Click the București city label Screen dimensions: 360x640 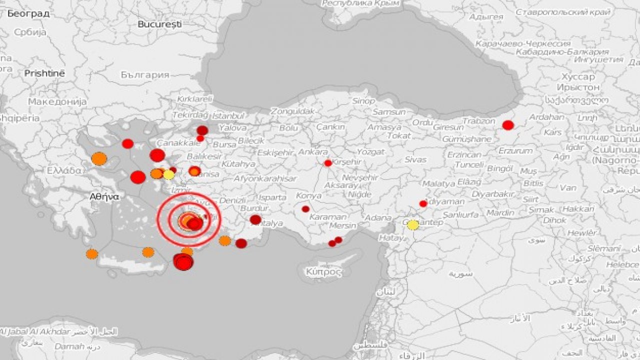(x=159, y=23)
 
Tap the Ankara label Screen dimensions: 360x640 (x=313, y=151)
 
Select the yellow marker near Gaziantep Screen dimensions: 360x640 (x=412, y=225)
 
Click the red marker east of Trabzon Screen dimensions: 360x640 (x=508, y=125)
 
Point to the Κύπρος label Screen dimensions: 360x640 (x=323, y=272)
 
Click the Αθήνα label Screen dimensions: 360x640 (x=104, y=196)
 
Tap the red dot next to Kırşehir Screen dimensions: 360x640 (x=328, y=163)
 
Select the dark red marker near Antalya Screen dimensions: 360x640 (x=255, y=219)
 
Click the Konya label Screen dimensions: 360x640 (x=308, y=195)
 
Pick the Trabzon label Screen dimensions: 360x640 (x=478, y=121)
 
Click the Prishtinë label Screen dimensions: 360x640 (x=44, y=73)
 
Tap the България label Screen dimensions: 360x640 (x=145, y=75)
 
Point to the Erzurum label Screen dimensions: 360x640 (x=515, y=150)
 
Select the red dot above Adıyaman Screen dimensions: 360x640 (x=423, y=203)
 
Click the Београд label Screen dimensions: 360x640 (x=28, y=13)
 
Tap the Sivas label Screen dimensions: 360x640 (x=415, y=159)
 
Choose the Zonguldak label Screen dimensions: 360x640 (x=293, y=111)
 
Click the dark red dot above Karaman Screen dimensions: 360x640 (x=305, y=209)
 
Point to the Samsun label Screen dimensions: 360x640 (x=389, y=112)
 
